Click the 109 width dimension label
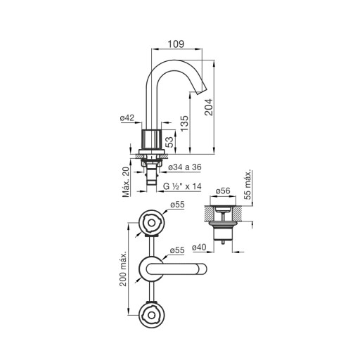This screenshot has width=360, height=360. (x=176, y=44)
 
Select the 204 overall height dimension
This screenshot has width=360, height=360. (x=208, y=107)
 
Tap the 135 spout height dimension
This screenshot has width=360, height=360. (x=184, y=124)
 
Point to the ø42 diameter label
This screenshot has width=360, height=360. (x=127, y=117)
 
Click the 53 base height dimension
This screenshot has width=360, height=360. (x=169, y=142)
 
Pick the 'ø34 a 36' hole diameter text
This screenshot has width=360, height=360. (x=185, y=167)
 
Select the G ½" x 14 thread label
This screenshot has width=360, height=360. (x=182, y=186)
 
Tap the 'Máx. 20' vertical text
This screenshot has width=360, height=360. (x=126, y=182)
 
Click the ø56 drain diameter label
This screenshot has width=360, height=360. (x=223, y=191)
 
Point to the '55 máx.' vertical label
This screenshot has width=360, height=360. (x=247, y=184)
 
